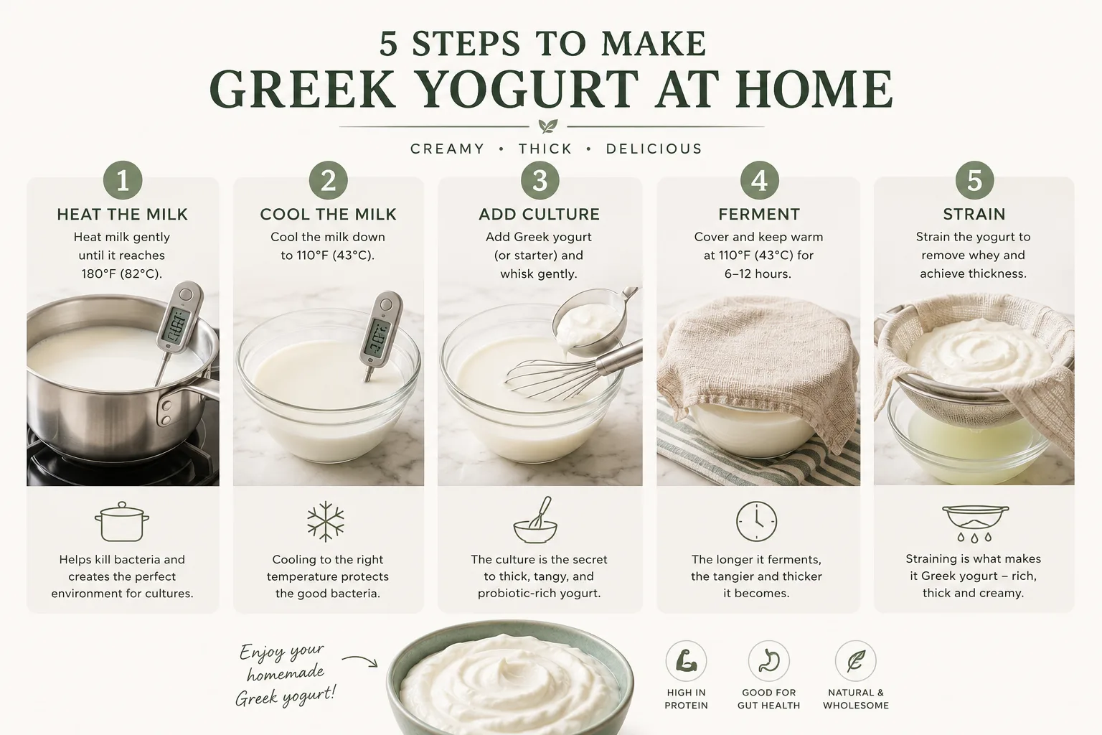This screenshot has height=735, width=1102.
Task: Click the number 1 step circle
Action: (123, 180)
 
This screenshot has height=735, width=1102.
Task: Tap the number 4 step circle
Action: (759, 180)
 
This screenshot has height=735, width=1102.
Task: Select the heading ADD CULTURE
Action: (540, 214)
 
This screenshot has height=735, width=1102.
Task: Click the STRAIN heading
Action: (974, 214)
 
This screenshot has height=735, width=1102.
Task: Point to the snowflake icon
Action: (326, 522)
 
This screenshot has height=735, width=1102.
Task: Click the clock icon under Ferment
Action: (757, 521)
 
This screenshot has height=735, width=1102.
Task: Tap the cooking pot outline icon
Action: (122, 522)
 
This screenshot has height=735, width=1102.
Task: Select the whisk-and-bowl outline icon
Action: (535, 520)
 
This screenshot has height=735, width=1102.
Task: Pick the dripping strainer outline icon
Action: (975, 523)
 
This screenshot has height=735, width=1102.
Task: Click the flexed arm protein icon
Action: (687, 660)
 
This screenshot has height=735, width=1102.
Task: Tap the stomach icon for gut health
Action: (768, 660)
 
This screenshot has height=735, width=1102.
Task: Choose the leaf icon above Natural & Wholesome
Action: (855, 660)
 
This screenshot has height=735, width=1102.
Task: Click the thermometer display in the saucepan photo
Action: (176, 325)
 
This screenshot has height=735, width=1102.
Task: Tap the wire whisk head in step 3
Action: (551, 379)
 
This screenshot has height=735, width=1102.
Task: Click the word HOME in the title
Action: (814, 89)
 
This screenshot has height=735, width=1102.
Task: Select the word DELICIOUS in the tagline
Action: (654, 149)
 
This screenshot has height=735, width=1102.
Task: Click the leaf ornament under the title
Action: (547, 126)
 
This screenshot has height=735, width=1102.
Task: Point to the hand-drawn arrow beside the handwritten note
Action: (359, 660)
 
